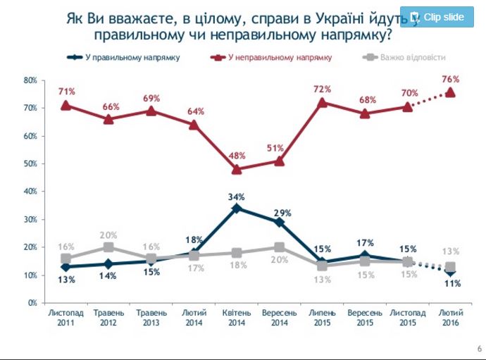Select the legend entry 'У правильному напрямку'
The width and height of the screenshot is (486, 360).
coord(123,56)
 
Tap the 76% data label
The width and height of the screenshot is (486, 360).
coord(450,79)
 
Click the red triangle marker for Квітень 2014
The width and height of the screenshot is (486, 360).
coord(237,169)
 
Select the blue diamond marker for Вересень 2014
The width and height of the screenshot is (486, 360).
coord(279,222)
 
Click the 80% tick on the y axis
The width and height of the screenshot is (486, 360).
coord(31,80)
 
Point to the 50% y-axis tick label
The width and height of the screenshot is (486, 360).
coord(31,163)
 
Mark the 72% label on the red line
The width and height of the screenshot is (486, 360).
coord(322,90)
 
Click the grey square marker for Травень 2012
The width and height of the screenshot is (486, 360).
coord(108,247)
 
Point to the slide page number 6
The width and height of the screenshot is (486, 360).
coord(479,349)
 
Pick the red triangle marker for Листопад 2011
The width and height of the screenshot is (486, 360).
coord(66,105)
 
